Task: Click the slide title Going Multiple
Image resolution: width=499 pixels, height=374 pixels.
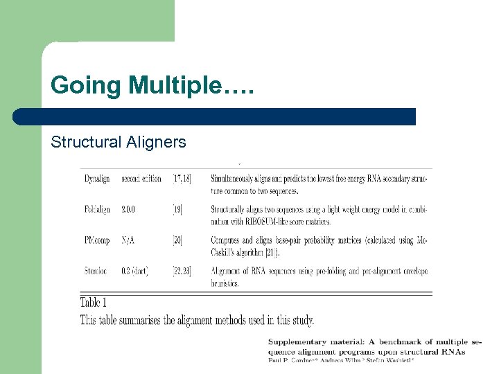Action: click(x=146, y=86)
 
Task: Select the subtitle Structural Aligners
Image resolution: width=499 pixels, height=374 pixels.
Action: click(x=119, y=142)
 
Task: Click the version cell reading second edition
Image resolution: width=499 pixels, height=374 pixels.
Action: click(x=141, y=179)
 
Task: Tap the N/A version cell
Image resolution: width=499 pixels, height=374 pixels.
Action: click(x=128, y=240)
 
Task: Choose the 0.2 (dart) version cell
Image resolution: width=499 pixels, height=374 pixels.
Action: click(x=135, y=271)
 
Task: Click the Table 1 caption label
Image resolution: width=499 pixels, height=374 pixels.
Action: click(x=94, y=302)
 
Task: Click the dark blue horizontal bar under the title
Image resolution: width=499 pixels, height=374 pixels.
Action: click(x=214, y=116)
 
